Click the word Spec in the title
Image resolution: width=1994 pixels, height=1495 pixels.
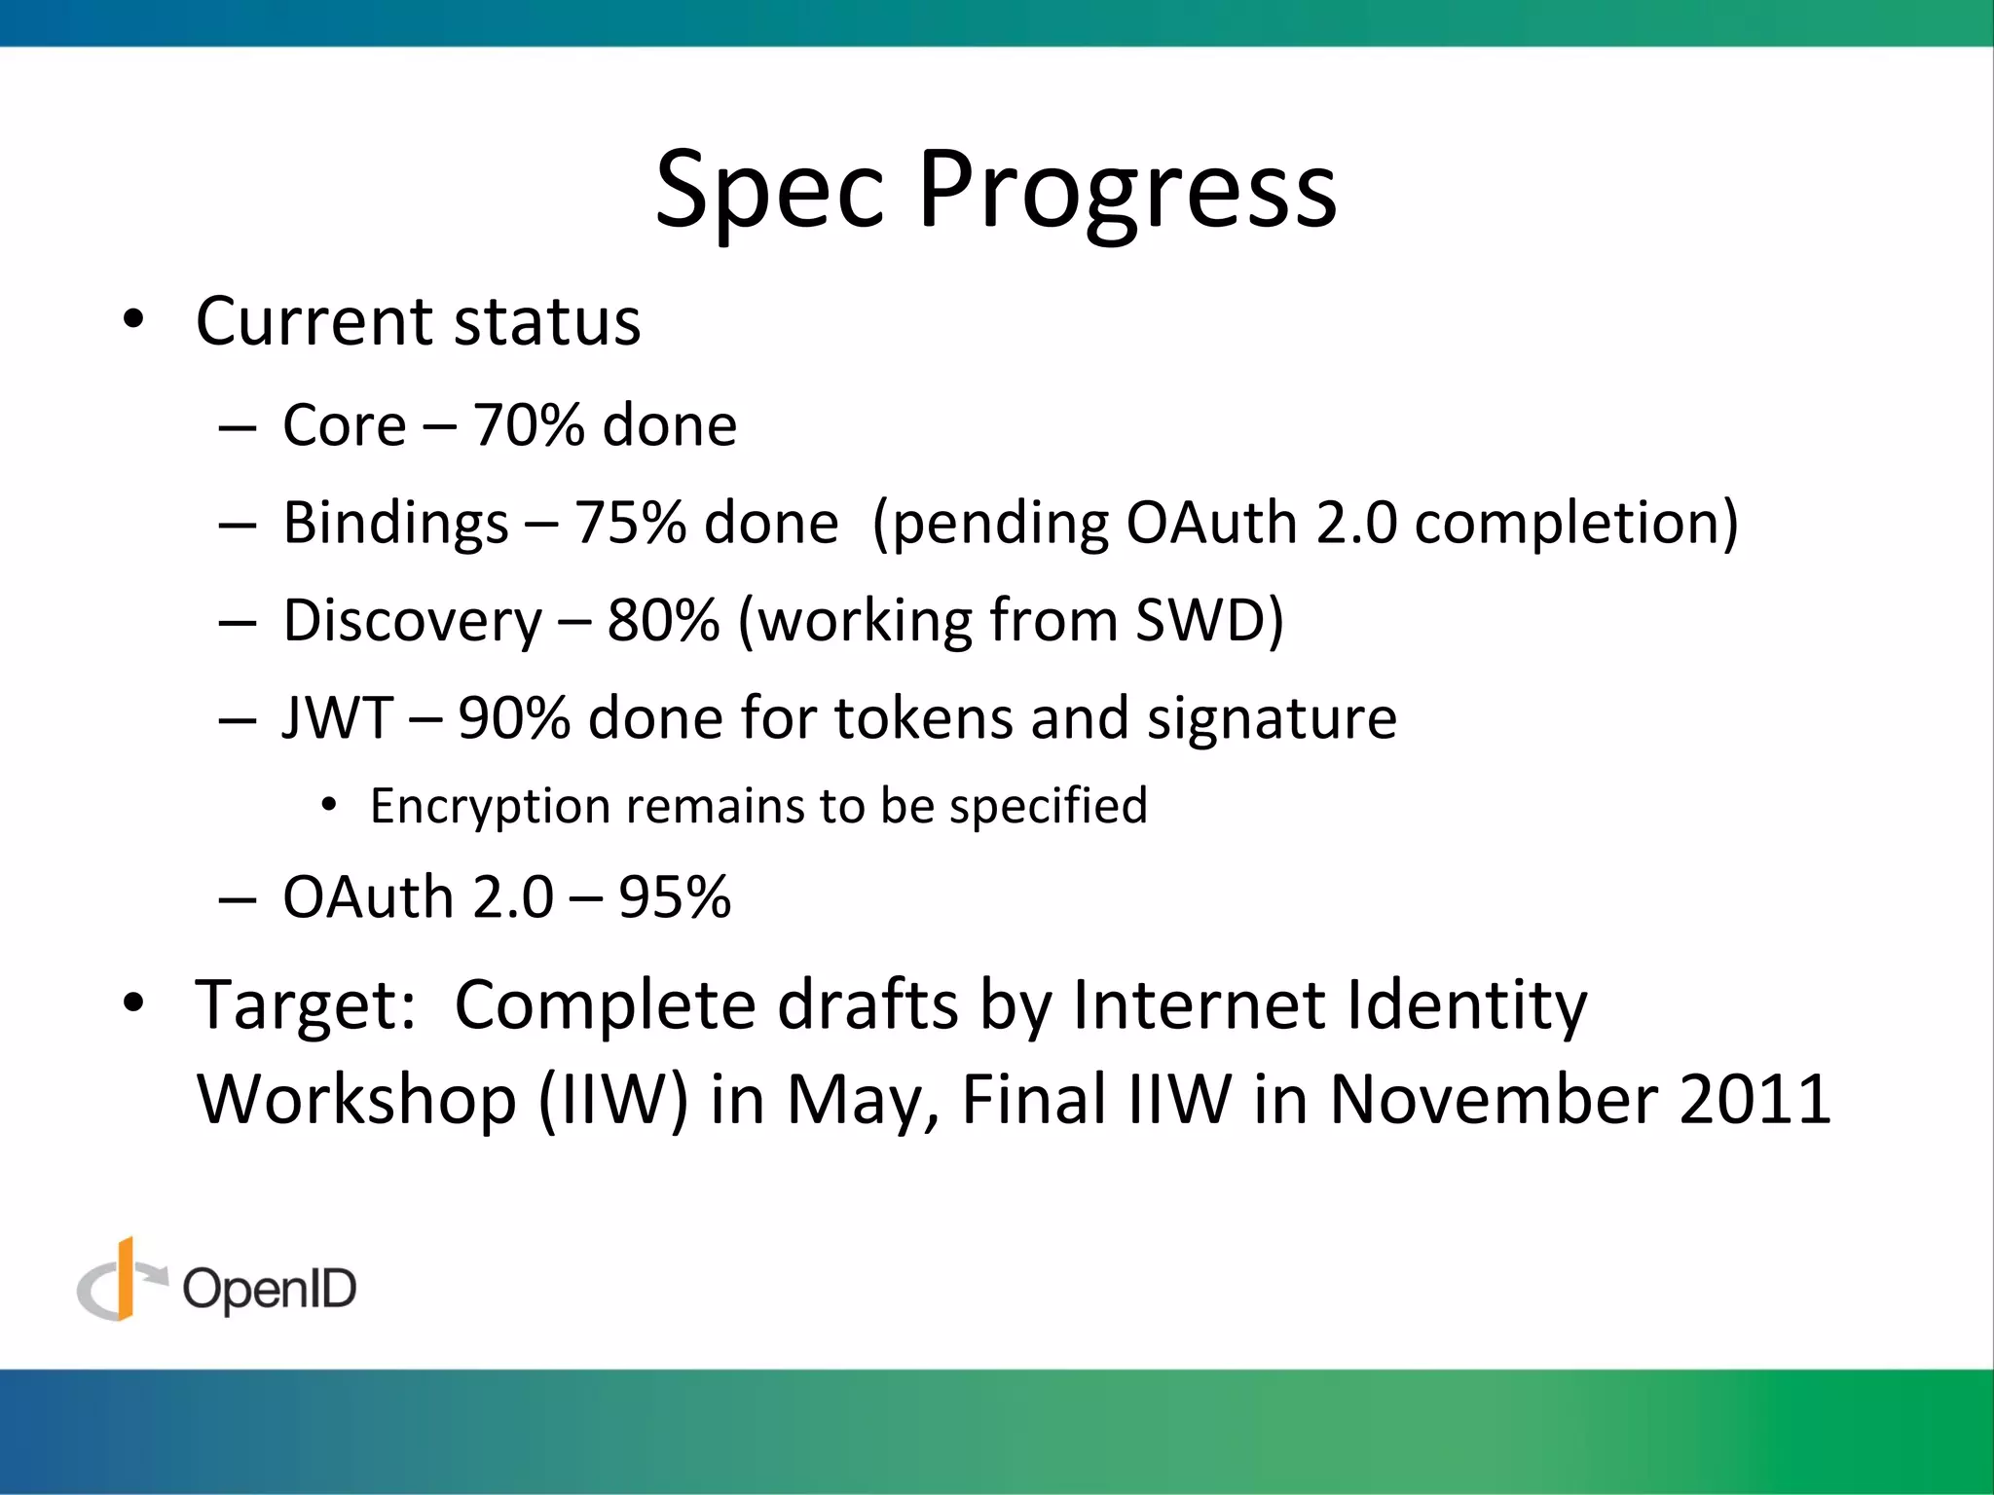[769, 191]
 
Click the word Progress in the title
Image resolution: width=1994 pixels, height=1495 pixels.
[1126, 191]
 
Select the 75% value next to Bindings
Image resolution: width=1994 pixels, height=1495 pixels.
[630, 524]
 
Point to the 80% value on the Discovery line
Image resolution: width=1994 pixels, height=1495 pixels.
[663, 621]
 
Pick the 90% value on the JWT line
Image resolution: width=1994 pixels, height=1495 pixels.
[514, 718]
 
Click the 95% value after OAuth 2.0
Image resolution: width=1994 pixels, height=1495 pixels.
[675, 897]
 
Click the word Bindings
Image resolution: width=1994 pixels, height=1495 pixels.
[395, 524]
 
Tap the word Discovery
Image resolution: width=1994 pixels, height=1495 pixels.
[412, 621]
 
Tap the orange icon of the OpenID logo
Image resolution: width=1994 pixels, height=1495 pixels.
[124, 1280]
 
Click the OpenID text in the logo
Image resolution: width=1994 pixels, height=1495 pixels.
[270, 1290]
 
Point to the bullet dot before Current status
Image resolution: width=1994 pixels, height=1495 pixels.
[133, 320]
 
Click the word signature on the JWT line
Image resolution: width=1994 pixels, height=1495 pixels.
[1271, 718]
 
